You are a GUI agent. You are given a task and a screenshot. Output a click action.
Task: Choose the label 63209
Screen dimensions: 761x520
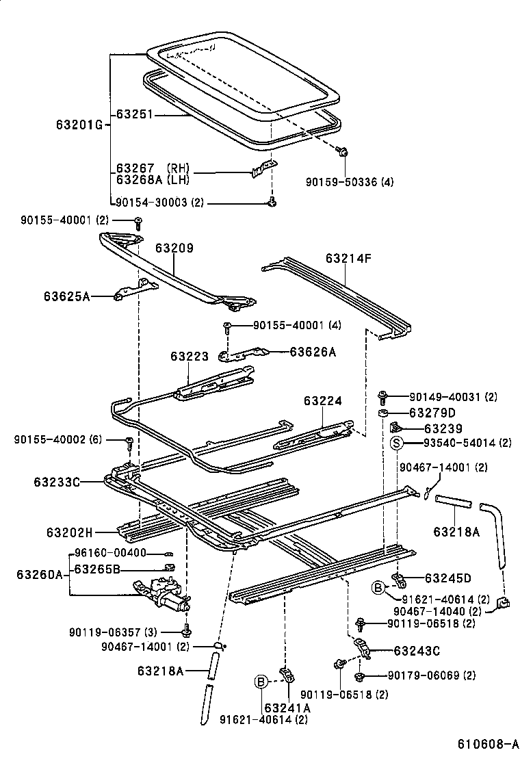point(174,248)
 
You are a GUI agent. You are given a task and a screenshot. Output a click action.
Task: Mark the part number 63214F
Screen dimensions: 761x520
point(349,259)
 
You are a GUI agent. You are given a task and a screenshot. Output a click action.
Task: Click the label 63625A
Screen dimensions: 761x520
point(66,296)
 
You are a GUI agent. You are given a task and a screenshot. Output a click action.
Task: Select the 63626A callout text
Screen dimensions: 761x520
point(313,352)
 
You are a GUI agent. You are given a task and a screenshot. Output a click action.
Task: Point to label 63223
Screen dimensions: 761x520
point(189,356)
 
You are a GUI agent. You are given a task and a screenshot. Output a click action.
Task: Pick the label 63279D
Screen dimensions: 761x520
point(432,413)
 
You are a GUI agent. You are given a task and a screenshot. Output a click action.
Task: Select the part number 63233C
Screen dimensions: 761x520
point(57,482)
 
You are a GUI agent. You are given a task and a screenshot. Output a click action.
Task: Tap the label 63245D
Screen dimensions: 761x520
point(447,577)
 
